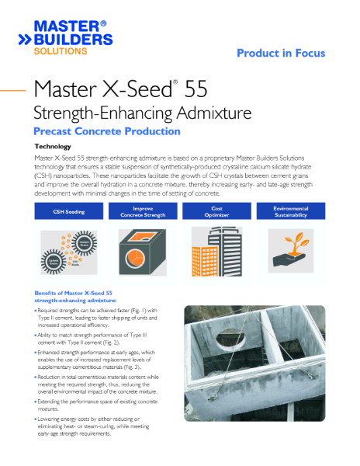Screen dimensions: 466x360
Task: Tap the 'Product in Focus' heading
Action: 280,53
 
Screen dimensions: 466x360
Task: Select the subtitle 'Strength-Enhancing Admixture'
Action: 143,113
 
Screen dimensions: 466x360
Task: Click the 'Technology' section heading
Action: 53,146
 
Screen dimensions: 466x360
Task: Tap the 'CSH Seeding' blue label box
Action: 68,211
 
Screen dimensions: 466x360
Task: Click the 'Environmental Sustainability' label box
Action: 290,211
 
